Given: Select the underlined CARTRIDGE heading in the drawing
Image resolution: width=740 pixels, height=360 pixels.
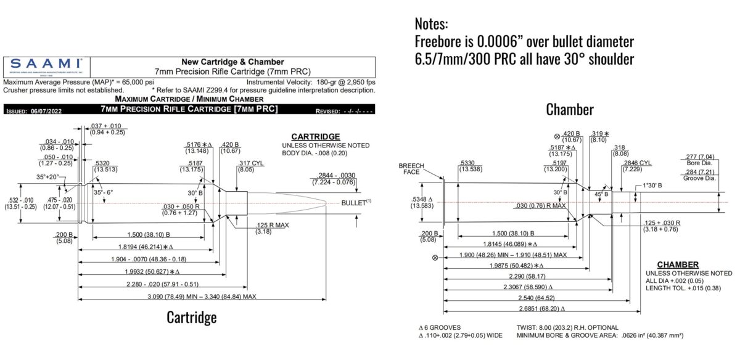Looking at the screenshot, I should pyautogui.click(x=315, y=136).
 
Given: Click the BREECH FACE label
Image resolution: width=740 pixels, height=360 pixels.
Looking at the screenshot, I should pyautogui.click(x=412, y=169).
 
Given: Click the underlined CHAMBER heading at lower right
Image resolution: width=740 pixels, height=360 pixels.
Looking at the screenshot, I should pyautogui.click(x=677, y=264).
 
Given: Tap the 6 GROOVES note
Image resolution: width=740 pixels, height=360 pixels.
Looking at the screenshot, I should pyautogui.click(x=440, y=326).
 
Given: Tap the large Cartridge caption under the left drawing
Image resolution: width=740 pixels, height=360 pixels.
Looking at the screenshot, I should pyautogui.click(x=191, y=318).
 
